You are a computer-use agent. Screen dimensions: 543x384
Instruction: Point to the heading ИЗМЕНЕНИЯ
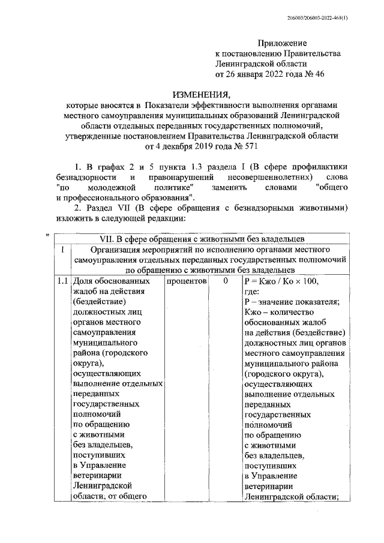tap(200, 95)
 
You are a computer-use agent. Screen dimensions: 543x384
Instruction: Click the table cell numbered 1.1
tap(61, 281)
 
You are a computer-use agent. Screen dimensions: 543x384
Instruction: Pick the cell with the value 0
tap(225, 281)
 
